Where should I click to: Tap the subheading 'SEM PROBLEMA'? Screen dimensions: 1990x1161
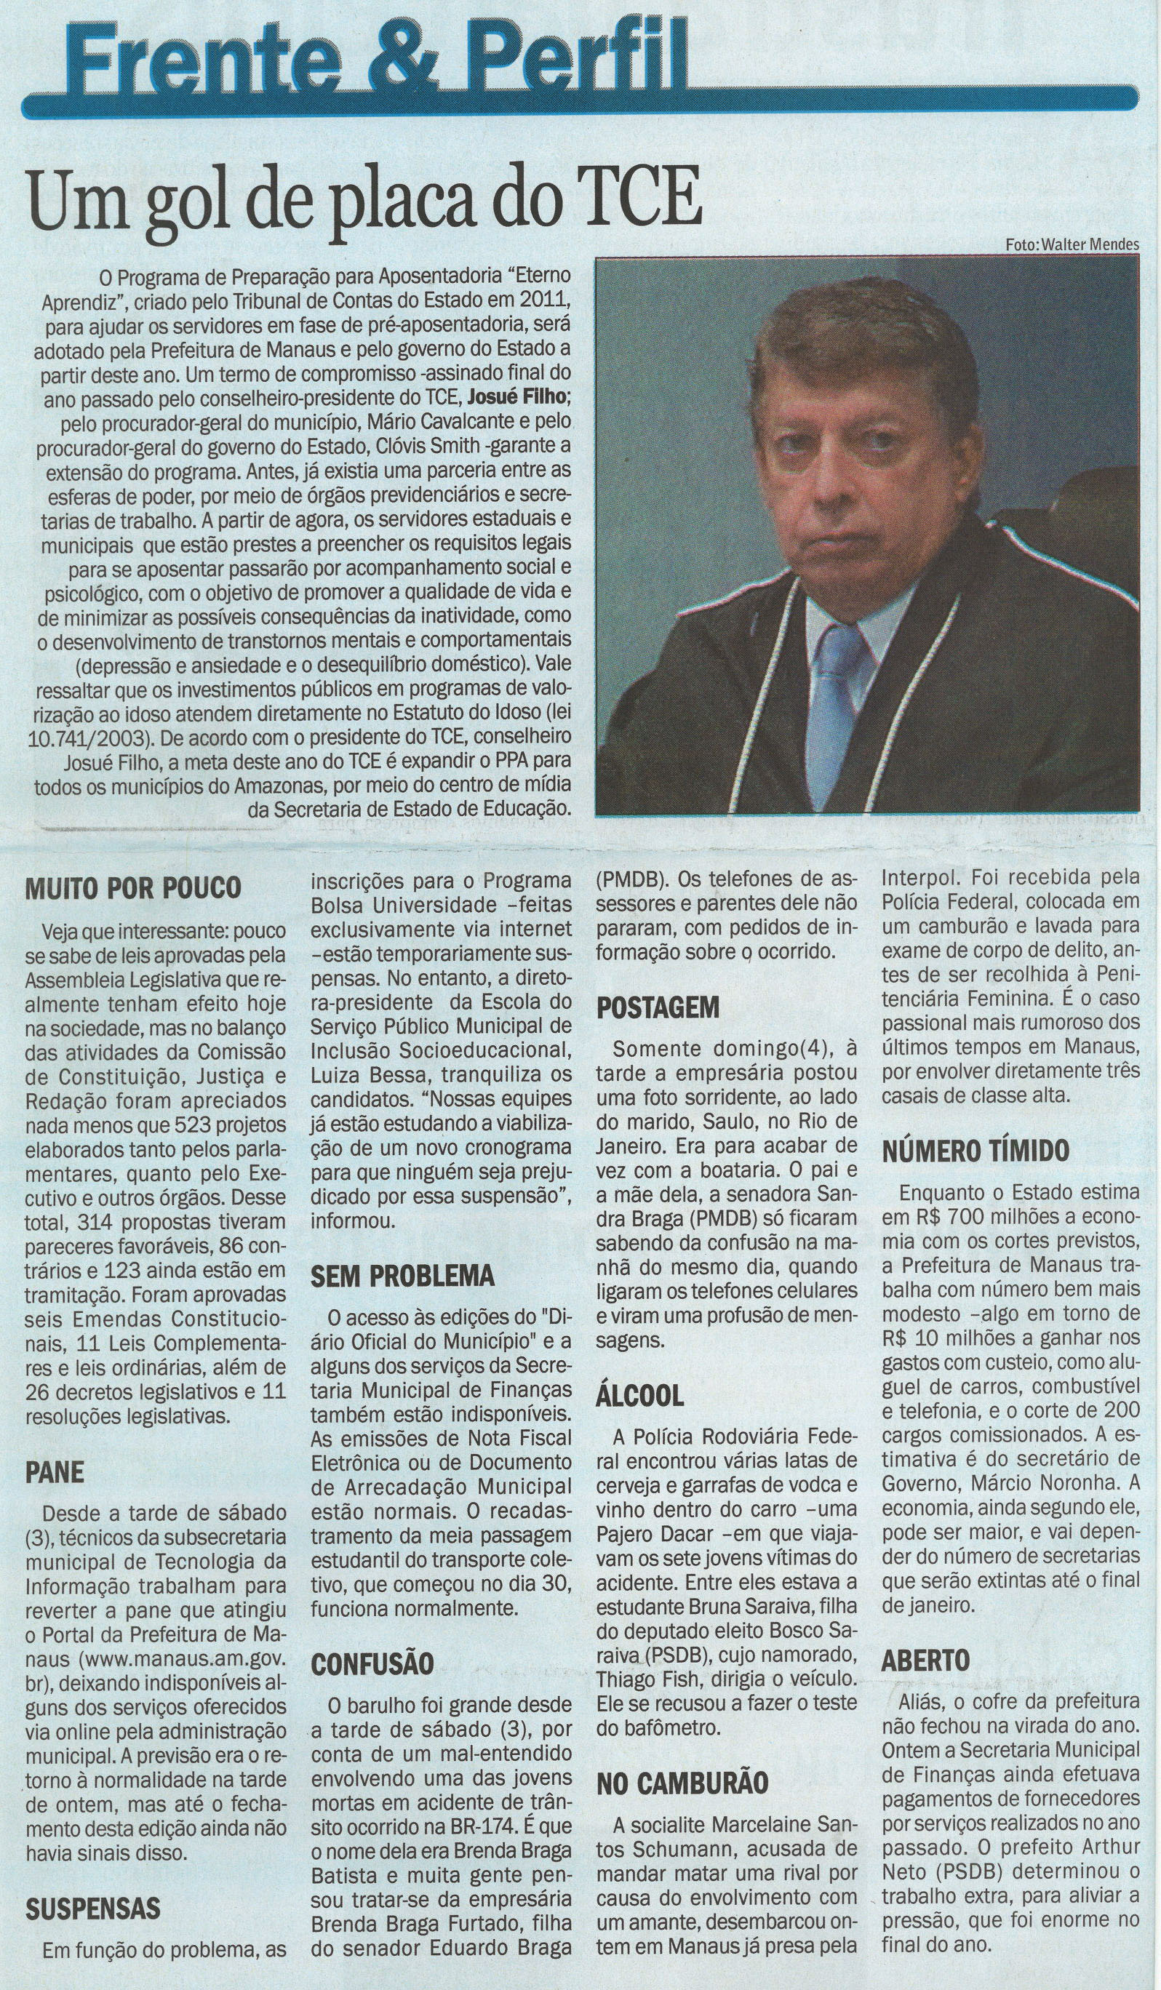point(403,1275)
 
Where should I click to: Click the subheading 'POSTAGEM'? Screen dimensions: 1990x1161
point(658,1008)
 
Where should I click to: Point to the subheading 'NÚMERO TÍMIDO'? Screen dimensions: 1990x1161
point(976,1150)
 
